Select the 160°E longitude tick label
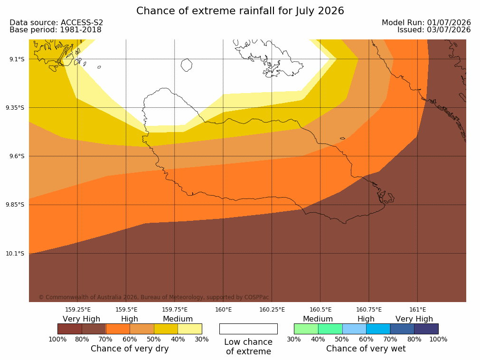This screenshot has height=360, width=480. [x=224, y=310]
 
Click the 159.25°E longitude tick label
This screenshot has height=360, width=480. [x=78, y=310]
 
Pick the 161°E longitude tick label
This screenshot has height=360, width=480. [x=417, y=310]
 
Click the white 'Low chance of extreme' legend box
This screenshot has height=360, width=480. [x=249, y=329]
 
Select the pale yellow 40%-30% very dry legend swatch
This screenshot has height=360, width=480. [x=190, y=329]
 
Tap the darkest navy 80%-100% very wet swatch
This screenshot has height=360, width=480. [x=426, y=329]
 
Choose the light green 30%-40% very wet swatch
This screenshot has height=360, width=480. [x=306, y=329]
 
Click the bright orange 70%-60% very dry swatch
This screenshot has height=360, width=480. [x=118, y=329]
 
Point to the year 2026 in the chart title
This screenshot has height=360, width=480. [x=331, y=11]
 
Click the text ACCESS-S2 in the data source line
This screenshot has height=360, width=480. [x=82, y=23]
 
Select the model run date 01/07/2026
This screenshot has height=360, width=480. [x=449, y=23]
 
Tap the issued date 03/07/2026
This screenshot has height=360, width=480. [x=449, y=30]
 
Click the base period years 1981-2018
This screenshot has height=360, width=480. [x=81, y=30]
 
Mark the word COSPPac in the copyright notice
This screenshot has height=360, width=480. [x=256, y=297]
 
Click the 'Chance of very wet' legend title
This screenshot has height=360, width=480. [x=366, y=349]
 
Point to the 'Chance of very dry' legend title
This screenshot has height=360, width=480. [x=130, y=349]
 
